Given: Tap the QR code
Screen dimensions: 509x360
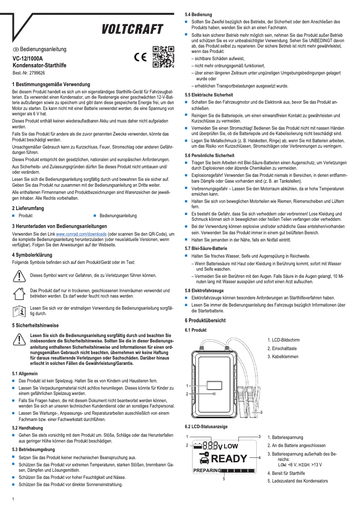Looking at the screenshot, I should click(x=163, y=57).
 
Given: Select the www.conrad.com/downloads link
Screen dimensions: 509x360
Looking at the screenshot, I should click(x=81, y=234).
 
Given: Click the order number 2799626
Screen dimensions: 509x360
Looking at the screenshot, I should click(x=35, y=73).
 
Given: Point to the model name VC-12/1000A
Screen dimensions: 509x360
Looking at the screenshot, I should click(x=28, y=58).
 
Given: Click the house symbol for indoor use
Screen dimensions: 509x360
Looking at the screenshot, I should click(x=19, y=294).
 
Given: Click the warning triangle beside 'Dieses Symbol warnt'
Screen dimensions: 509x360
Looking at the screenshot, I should click(x=19, y=276).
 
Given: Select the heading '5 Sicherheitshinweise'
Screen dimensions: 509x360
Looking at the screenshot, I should click(x=35, y=325).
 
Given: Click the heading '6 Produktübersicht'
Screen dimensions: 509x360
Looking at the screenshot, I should click(x=205, y=320).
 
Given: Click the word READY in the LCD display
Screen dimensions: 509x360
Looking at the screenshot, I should click(x=229, y=458).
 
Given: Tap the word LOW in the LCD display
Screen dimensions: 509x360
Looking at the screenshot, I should click(x=231, y=446).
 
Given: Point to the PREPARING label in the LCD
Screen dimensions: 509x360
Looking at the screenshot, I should click(x=208, y=470).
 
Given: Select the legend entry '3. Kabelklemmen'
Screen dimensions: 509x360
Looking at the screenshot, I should click(x=283, y=356).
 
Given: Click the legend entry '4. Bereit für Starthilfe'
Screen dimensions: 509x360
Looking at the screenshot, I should click(x=286, y=473).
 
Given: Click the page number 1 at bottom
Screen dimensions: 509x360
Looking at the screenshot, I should click(x=13, y=499).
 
